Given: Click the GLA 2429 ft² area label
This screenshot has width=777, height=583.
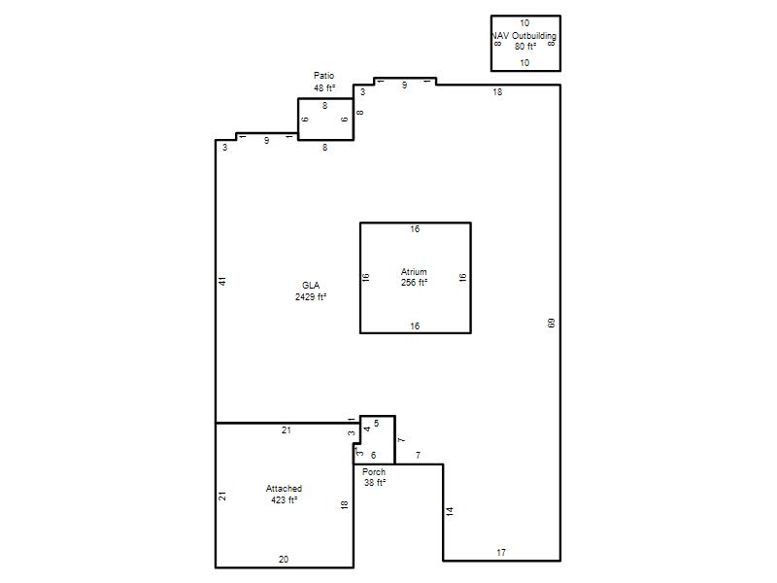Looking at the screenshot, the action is pyautogui.click(x=311, y=291).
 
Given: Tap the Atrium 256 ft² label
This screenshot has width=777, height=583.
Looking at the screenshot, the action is pyautogui.click(x=415, y=277).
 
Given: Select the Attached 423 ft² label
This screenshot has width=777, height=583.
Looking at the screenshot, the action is pyautogui.click(x=284, y=495).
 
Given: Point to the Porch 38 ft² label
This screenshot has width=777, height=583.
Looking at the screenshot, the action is pyautogui.click(x=374, y=477).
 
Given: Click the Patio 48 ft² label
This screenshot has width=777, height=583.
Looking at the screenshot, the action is pyautogui.click(x=324, y=82).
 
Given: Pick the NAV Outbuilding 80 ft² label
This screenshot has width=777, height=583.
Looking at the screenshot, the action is pyautogui.click(x=524, y=41).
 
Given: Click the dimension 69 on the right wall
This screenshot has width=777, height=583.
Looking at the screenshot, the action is pyautogui.click(x=551, y=324).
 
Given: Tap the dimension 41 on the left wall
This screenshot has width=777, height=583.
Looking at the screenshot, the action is pyautogui.click(x=222, y=281).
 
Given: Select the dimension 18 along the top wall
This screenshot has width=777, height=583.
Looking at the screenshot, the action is pyautogui.click(x=497, y=92).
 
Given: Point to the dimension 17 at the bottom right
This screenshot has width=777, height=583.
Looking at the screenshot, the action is pyautogui.click(x=501, y=552).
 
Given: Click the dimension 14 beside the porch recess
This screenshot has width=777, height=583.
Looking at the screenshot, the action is pyautogui.click(x=450, y=512).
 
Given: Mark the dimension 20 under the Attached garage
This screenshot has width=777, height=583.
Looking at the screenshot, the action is pyautogui.click(x=284, y=560).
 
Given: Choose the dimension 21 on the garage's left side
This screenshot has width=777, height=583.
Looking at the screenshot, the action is pyautogui.click(x=222, y=496).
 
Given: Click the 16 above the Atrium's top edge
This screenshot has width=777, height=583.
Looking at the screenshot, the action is pyautogui.click(x=415, y=229).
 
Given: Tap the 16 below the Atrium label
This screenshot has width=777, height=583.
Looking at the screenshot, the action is pyautogui.click(x=415, y=326).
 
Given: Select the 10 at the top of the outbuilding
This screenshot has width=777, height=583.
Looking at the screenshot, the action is pyautogui.click(x=524, y=23).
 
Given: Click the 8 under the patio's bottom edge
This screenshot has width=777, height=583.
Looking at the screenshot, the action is pyautogui.click(x=325, y=148).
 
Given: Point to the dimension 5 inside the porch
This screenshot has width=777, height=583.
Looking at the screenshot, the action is pyautogui.click(x=377, y=424).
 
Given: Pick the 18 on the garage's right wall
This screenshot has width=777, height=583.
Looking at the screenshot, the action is pyautogui.click(x=345, y=504).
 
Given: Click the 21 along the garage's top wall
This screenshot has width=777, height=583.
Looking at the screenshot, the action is pyautogui.click(x=287, y=430).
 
